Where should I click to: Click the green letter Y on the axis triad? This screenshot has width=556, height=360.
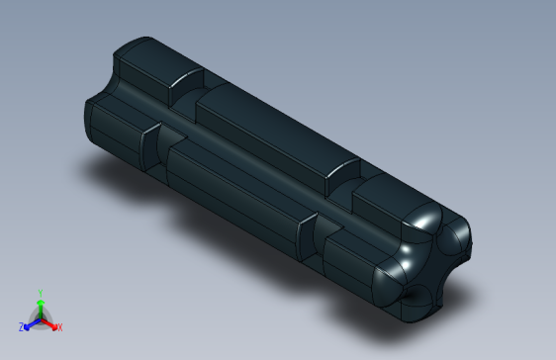40,293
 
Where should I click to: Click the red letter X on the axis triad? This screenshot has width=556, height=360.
59,326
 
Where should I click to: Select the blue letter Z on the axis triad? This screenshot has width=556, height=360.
22,326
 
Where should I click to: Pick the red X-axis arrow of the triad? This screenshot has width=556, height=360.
50,322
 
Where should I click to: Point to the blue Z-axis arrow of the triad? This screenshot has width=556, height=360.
31,322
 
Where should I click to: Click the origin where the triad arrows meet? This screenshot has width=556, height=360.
41,317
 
